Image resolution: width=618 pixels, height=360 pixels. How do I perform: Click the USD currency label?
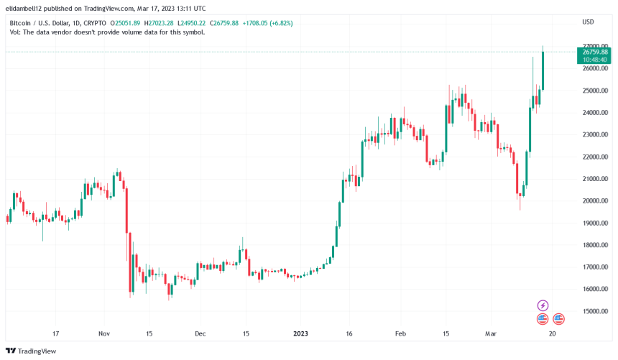tap(587, 22)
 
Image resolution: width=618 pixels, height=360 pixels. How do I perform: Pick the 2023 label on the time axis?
tap(301, 334)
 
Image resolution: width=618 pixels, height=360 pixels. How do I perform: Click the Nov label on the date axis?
tap(105, 334)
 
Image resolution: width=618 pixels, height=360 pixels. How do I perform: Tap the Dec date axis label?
tap(200, 334)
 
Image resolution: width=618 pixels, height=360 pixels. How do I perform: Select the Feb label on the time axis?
tap(401, 334)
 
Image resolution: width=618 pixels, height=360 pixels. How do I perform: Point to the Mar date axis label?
tap(491, 334)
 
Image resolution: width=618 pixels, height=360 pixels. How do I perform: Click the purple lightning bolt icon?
tap(543, 305)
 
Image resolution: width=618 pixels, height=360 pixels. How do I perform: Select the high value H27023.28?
tap(154, 23)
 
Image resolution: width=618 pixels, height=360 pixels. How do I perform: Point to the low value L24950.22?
tap(190, 23)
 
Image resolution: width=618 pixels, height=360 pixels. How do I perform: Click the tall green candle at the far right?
tap(543, 70)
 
